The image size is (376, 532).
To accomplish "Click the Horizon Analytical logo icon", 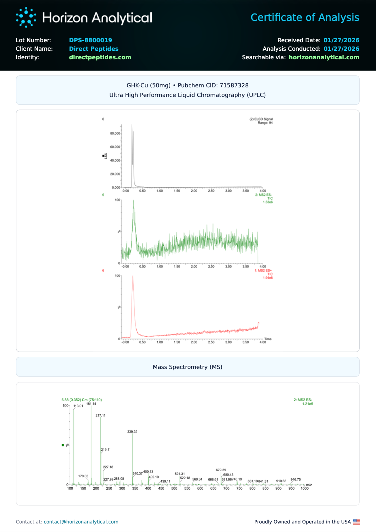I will [26, 17].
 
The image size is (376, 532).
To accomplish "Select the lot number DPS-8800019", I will [90, 40].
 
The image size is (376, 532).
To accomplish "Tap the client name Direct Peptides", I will [94, 49].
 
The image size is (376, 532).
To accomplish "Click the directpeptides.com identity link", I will [100, 57].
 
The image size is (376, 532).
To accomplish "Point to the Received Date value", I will [341, 40].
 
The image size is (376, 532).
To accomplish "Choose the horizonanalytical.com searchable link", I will [324, 57].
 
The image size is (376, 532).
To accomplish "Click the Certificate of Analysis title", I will [305, 17].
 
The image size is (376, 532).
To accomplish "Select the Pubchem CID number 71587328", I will [234, 85].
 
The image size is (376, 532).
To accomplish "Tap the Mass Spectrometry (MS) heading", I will [188, 367].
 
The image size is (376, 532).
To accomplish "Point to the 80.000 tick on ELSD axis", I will [115, 134].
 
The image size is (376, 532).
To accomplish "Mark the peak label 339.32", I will [132, 432].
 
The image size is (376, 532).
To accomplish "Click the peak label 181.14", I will [91, 404].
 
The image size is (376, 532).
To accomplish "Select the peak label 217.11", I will [100, 416].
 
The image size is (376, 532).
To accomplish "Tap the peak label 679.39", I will [221, 470].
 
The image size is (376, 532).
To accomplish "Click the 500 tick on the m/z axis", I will [174, 488].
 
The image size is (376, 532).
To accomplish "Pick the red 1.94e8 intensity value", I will [268, 278].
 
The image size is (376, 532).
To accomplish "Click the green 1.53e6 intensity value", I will [268, 202].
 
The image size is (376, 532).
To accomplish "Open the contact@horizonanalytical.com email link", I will [81, 522].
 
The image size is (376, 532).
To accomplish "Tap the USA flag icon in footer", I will [356, 522].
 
